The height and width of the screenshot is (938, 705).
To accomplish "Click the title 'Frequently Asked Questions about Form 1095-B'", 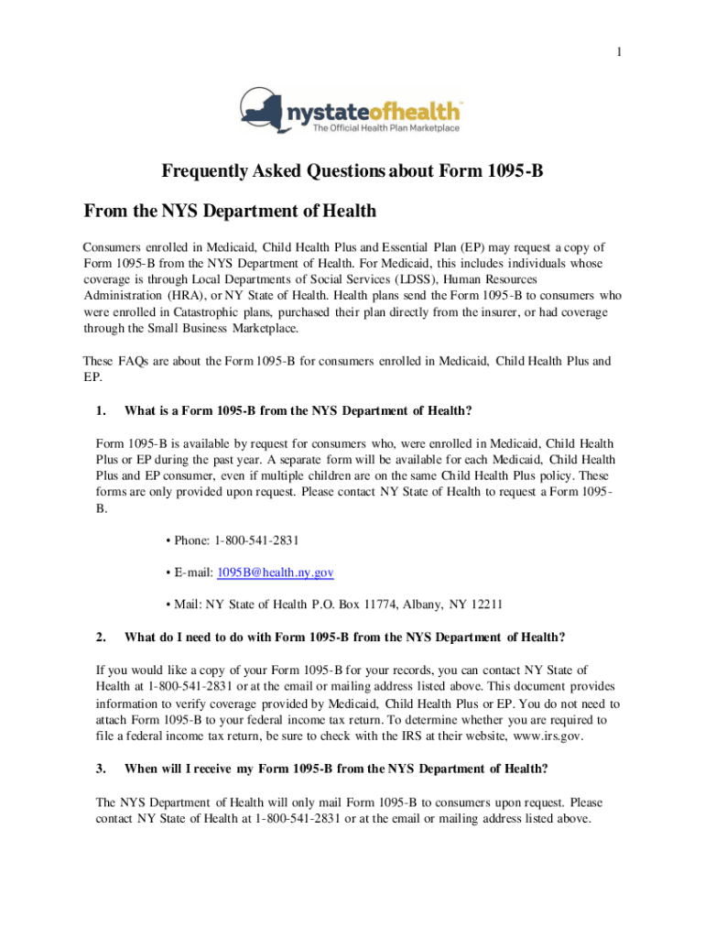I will tap(353, 171).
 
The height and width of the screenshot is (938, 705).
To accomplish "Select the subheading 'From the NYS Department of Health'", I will tap(230, 212).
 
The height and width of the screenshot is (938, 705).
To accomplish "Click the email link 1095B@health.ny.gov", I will tap(275, 573).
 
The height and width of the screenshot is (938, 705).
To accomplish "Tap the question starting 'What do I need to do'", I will tap(344, 637).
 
